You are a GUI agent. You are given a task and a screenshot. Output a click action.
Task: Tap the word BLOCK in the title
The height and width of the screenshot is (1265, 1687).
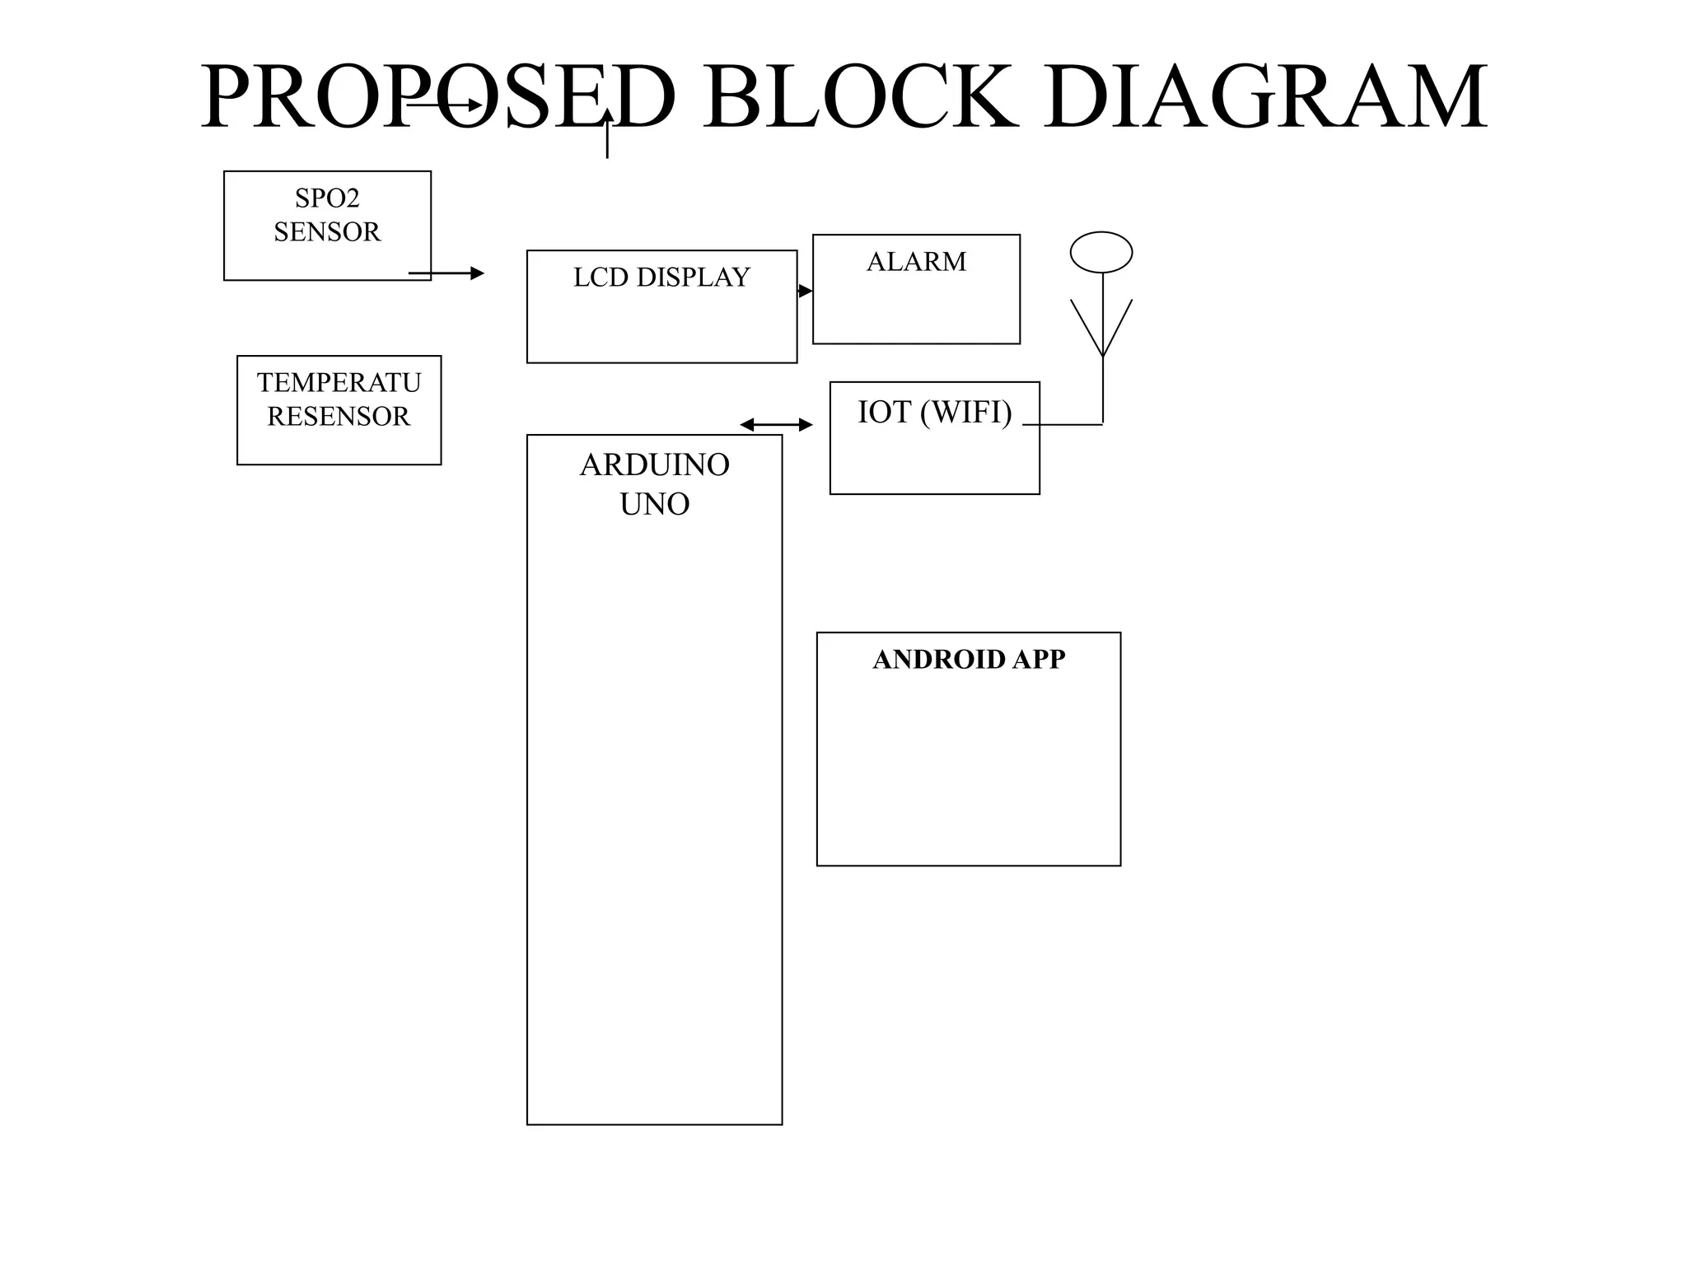pos(860,96)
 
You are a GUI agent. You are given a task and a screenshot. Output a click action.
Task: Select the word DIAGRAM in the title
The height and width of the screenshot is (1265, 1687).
pos(1266,96)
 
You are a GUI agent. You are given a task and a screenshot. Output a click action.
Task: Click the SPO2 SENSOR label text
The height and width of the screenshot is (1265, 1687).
pos(327,215)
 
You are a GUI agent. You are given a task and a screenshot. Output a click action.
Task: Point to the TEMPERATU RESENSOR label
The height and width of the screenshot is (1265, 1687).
pos(339,399)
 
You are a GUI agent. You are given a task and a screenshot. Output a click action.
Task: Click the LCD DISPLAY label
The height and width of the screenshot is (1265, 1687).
pos(661,278)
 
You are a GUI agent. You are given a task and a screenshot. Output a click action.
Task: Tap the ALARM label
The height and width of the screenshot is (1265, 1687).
pos(916,262)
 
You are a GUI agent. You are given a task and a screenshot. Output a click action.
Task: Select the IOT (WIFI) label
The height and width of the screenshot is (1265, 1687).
pos(935,412)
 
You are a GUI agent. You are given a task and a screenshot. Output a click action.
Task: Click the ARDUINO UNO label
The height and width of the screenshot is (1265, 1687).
pos(655,484)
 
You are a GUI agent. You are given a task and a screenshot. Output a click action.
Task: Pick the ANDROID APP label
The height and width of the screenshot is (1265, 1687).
pos(969,660)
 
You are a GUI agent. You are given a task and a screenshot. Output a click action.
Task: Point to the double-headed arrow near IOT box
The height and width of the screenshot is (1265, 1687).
pos(776,425)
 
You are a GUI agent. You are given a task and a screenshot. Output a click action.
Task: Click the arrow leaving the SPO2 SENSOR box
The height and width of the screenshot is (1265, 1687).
pos(446,273)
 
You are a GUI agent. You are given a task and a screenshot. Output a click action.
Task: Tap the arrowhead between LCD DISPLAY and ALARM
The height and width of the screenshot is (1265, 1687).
pos(805,291)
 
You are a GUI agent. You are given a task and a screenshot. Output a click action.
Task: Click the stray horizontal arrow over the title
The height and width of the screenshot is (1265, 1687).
pos(446,105)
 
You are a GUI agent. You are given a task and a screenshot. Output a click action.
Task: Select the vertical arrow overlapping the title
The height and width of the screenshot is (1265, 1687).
pos(607,133)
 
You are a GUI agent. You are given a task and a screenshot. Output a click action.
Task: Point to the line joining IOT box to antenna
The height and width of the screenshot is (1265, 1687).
pos(1063,425)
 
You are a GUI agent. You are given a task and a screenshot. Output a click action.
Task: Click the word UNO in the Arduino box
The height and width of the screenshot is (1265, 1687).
pos(655,504)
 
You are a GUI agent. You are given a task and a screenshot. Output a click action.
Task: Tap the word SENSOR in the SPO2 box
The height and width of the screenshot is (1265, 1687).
pos(327,232)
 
